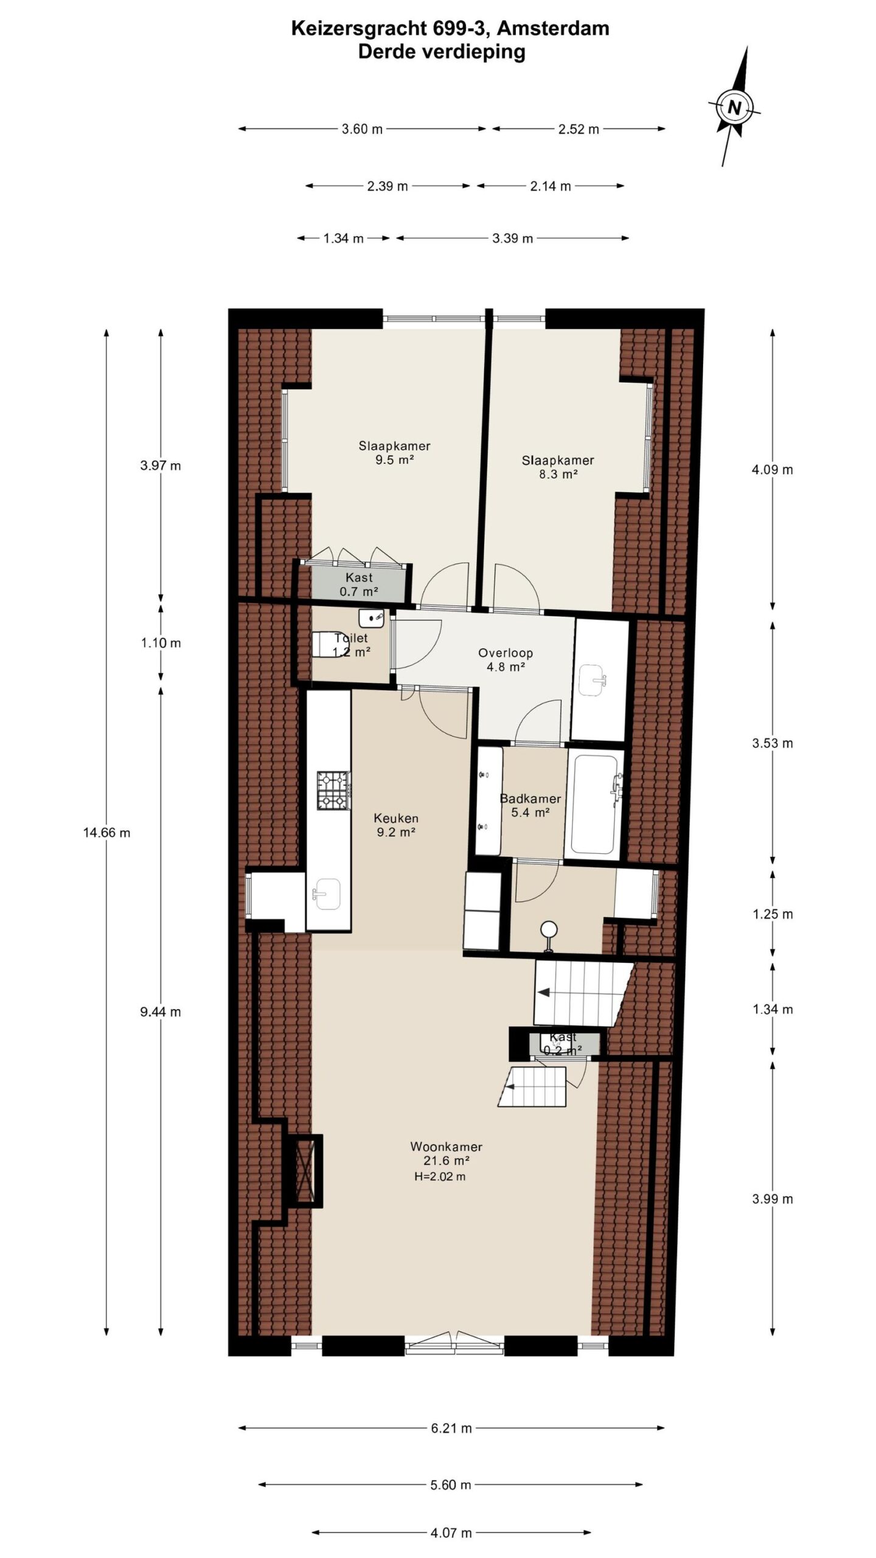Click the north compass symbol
[x=734, y=108]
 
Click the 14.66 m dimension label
[x=107, y=833]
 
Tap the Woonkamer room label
[x=446, y=1147]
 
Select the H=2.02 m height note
[x=440, y=1176]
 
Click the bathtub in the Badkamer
[x=594, y=804]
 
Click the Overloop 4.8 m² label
[x=506, y=659]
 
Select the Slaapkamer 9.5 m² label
[x=394, y=453]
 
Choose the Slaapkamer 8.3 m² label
[x=558, y=467]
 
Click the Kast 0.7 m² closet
[x=358, y=584]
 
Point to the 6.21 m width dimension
[x=451, y=1428]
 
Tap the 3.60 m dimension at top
[x=362, y=129]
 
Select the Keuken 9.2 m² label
[x=396, y=825]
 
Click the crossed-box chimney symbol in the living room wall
[x=305, y=1171]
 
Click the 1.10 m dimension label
[x=161, y=643]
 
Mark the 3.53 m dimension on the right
[x=773, y=743]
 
